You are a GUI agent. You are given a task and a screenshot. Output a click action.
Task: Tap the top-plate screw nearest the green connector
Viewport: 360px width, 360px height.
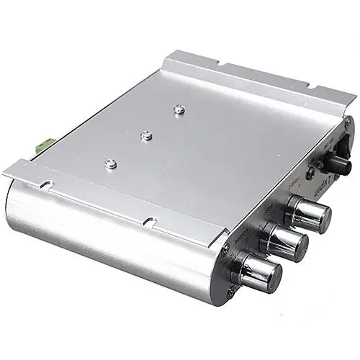pyautogui.click(x=111, y=163)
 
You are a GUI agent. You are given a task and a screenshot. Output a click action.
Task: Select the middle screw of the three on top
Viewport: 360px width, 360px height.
pyautogui.click(x=146, y=134)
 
